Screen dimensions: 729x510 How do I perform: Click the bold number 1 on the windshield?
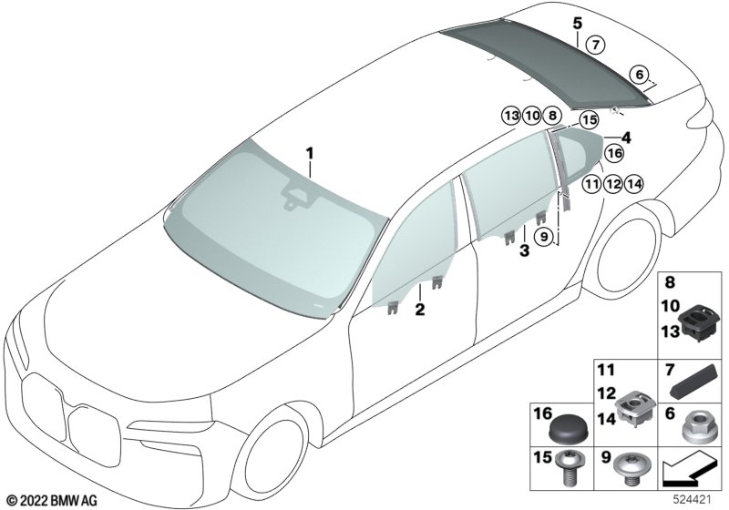[310, 153]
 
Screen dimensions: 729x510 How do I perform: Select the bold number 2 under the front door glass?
[420, 310]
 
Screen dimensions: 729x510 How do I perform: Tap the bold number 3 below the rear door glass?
[525, 251]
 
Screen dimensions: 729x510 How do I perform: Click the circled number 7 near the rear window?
[595, 45]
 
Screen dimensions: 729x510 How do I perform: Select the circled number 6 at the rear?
[640, 75]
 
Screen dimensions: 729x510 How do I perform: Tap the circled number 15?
[589, 120]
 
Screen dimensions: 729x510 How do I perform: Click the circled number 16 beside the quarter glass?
[614, 153]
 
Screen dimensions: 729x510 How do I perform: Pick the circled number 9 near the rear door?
[542, 237]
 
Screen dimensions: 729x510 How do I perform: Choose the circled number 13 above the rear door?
[511, 115]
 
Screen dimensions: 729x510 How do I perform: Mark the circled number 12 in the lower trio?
[612, 184]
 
